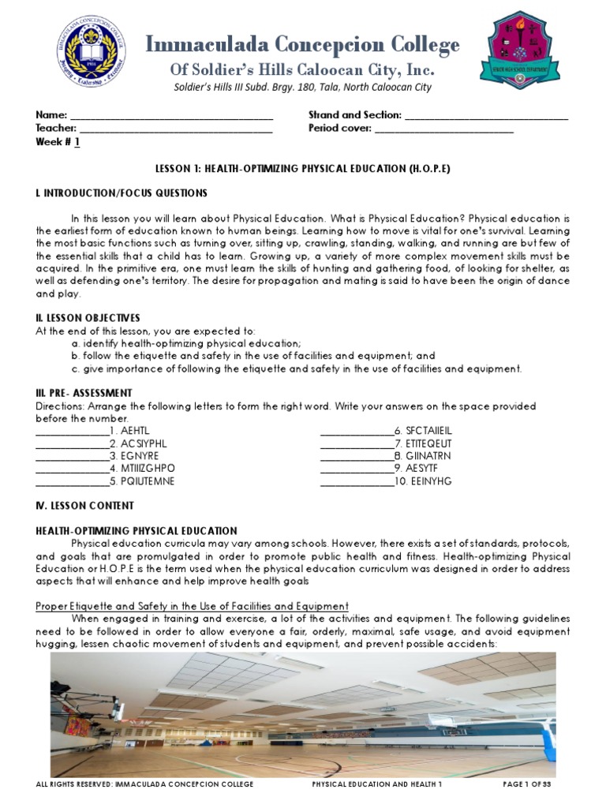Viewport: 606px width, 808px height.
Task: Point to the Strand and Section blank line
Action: point(487,116)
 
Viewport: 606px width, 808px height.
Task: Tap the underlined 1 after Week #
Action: point(77,142)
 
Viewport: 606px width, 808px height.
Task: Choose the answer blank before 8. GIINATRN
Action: point(356,457)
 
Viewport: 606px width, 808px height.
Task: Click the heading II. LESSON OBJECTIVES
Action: point(88,318)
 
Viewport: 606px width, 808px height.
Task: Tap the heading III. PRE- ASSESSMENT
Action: point(84,393)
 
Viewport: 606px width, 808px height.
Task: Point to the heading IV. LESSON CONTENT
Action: point(84,506)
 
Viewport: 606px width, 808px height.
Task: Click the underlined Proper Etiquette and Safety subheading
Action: point(193,606)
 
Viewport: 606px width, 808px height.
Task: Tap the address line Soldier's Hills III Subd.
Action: point(302,88)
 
